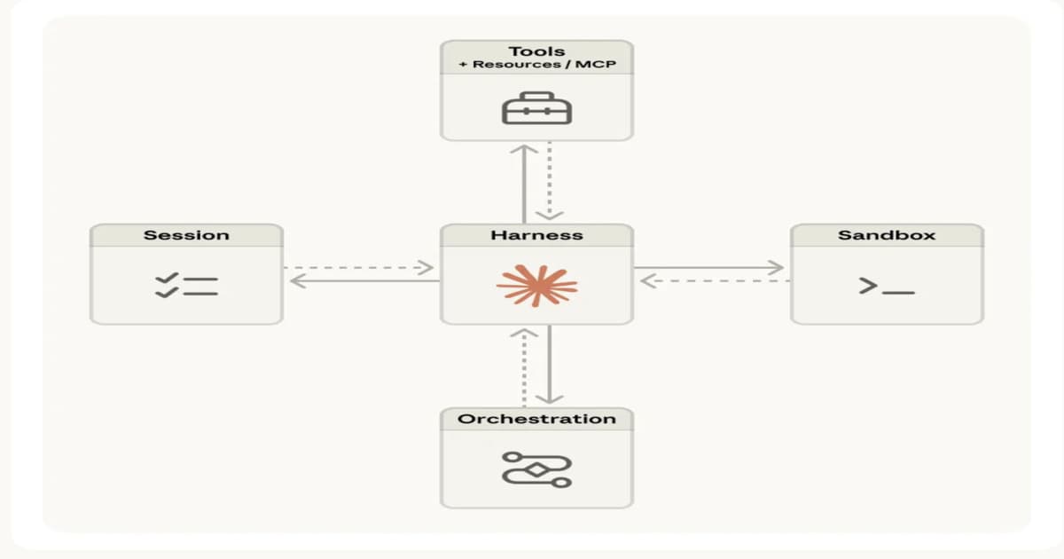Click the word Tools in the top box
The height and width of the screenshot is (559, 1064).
coord(536,51)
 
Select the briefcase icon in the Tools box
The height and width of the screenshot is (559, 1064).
coord(536,108)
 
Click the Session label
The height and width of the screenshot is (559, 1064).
coord(186,235)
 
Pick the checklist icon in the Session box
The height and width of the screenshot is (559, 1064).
coord(186,285)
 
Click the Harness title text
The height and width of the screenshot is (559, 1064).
coord(536,235)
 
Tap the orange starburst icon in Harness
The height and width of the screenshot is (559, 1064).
coord(536,285)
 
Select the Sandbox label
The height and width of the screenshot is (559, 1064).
coord(886,235)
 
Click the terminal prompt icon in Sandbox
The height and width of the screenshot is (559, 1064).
coord(886,286)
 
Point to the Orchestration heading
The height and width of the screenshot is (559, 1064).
coord(536,419)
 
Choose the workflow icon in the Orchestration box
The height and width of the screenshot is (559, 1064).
coord(536,468)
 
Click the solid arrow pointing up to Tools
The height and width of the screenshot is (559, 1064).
coord(524,182)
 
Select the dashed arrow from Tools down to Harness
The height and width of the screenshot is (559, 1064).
coord(550,182)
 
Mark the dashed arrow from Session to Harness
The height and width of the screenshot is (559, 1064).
coord(359,267)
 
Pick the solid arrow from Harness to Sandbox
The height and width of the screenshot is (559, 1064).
coord(709,267)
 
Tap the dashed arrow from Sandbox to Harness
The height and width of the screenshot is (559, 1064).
coord(714,281)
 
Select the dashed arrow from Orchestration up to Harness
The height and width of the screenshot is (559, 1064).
coord(524,366)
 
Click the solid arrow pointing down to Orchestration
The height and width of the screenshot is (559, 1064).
coord(550,366)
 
